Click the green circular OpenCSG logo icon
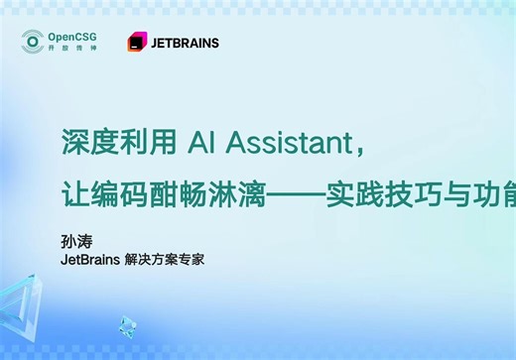pyautogui.click(x=34, y=42)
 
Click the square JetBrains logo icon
pyautogui.click(x=137, y=43)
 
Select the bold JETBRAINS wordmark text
pyautogui.click(x=185, y=44)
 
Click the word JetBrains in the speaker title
pyautogui.click(x=88, y=260)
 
